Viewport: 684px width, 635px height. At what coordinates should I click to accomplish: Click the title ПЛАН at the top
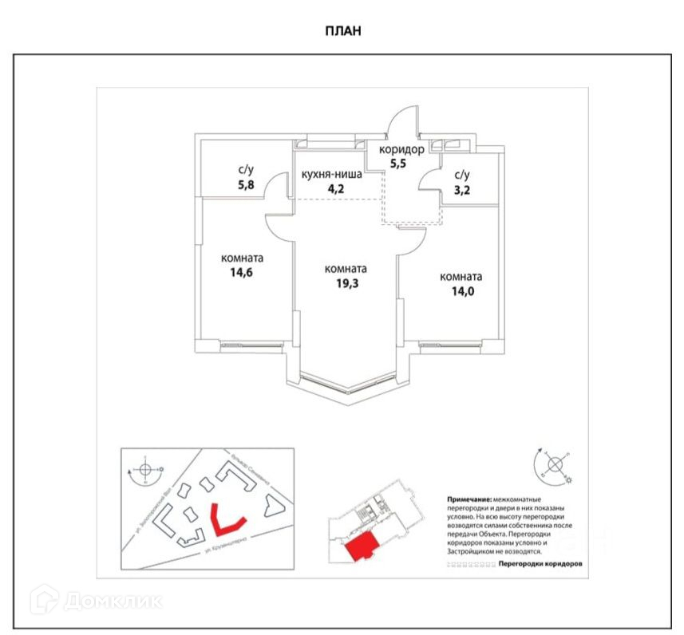[342, 31]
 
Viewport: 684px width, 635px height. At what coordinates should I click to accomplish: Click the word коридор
[403, 149]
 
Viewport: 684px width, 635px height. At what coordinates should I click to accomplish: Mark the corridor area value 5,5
[397, 164]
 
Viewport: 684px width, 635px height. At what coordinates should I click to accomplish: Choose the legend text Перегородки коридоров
[539, 563]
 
